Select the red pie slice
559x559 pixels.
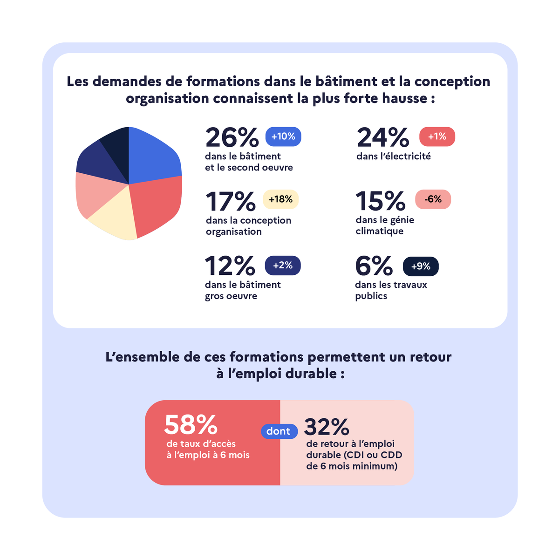(x=156, y=205)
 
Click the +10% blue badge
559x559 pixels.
(x=283, y=136)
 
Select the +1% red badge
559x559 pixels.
(x=437, y=136)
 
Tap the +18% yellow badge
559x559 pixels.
(x=280, y=199)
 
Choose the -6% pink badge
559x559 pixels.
(x=433, y=199)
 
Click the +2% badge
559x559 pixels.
(x=283, y=266)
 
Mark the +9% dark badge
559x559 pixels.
(x=421, y=266)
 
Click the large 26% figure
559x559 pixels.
(x=232, y=137)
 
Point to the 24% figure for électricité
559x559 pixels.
(x=383, y=137)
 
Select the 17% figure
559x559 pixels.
(x=231, y=201)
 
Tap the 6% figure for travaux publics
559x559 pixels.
(x=374, y=266)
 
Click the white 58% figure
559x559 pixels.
(x=191, y=424)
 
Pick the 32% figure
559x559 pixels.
(x=327, y=426)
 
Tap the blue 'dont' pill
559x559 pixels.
(x=279, y=431)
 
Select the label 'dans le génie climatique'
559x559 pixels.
(x=385, y=225)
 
